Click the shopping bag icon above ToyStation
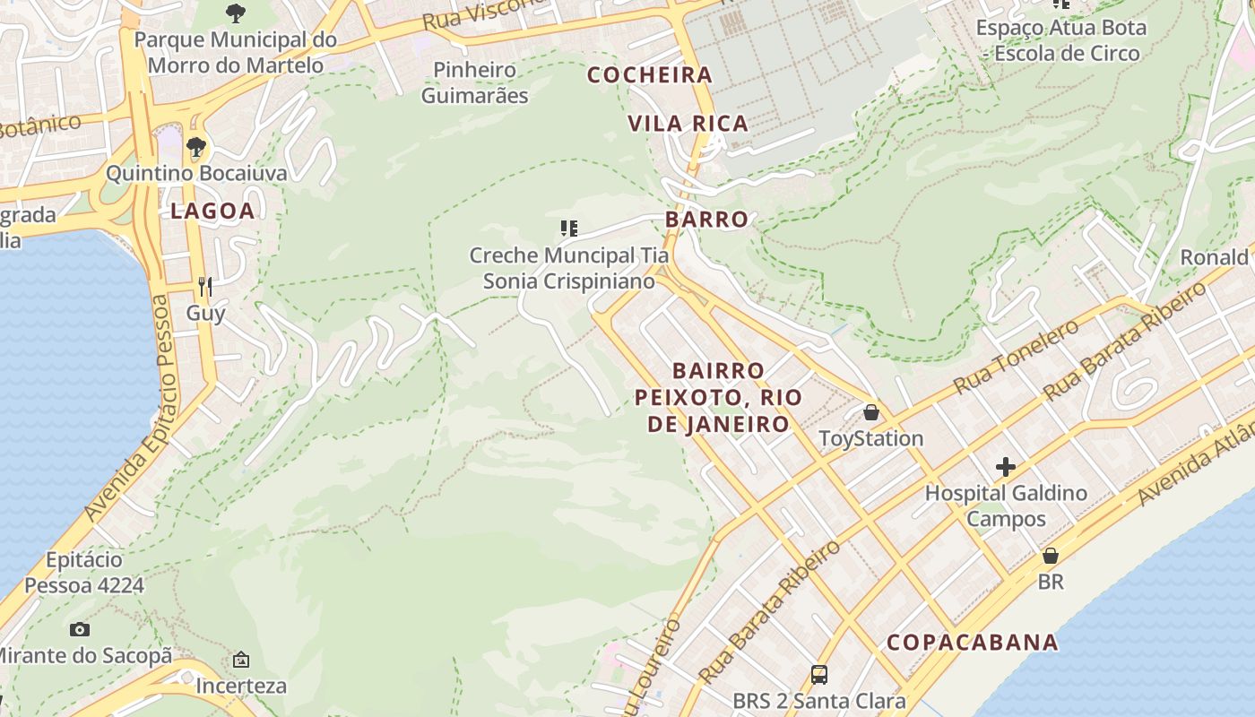(870, 412)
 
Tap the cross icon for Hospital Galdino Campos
(1005, 467)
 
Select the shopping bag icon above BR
(1050, 556)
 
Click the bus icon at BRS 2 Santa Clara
(818, 675)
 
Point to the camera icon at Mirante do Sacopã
(80, 629)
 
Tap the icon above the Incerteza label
(241, 661)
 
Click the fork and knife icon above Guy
(205, 287)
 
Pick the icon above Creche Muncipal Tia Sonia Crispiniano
(568, 229)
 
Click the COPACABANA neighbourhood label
(973, 643)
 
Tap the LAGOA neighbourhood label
(212, 212)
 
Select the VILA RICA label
(688, 124)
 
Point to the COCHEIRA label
(650, 75)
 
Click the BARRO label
(706, 220)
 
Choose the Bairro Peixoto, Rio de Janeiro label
(718, 397)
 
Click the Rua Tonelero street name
(1016, 357)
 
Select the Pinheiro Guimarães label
(474, 82)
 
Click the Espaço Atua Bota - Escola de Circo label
(1060, 40)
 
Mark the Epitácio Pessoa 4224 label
(83, 573)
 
